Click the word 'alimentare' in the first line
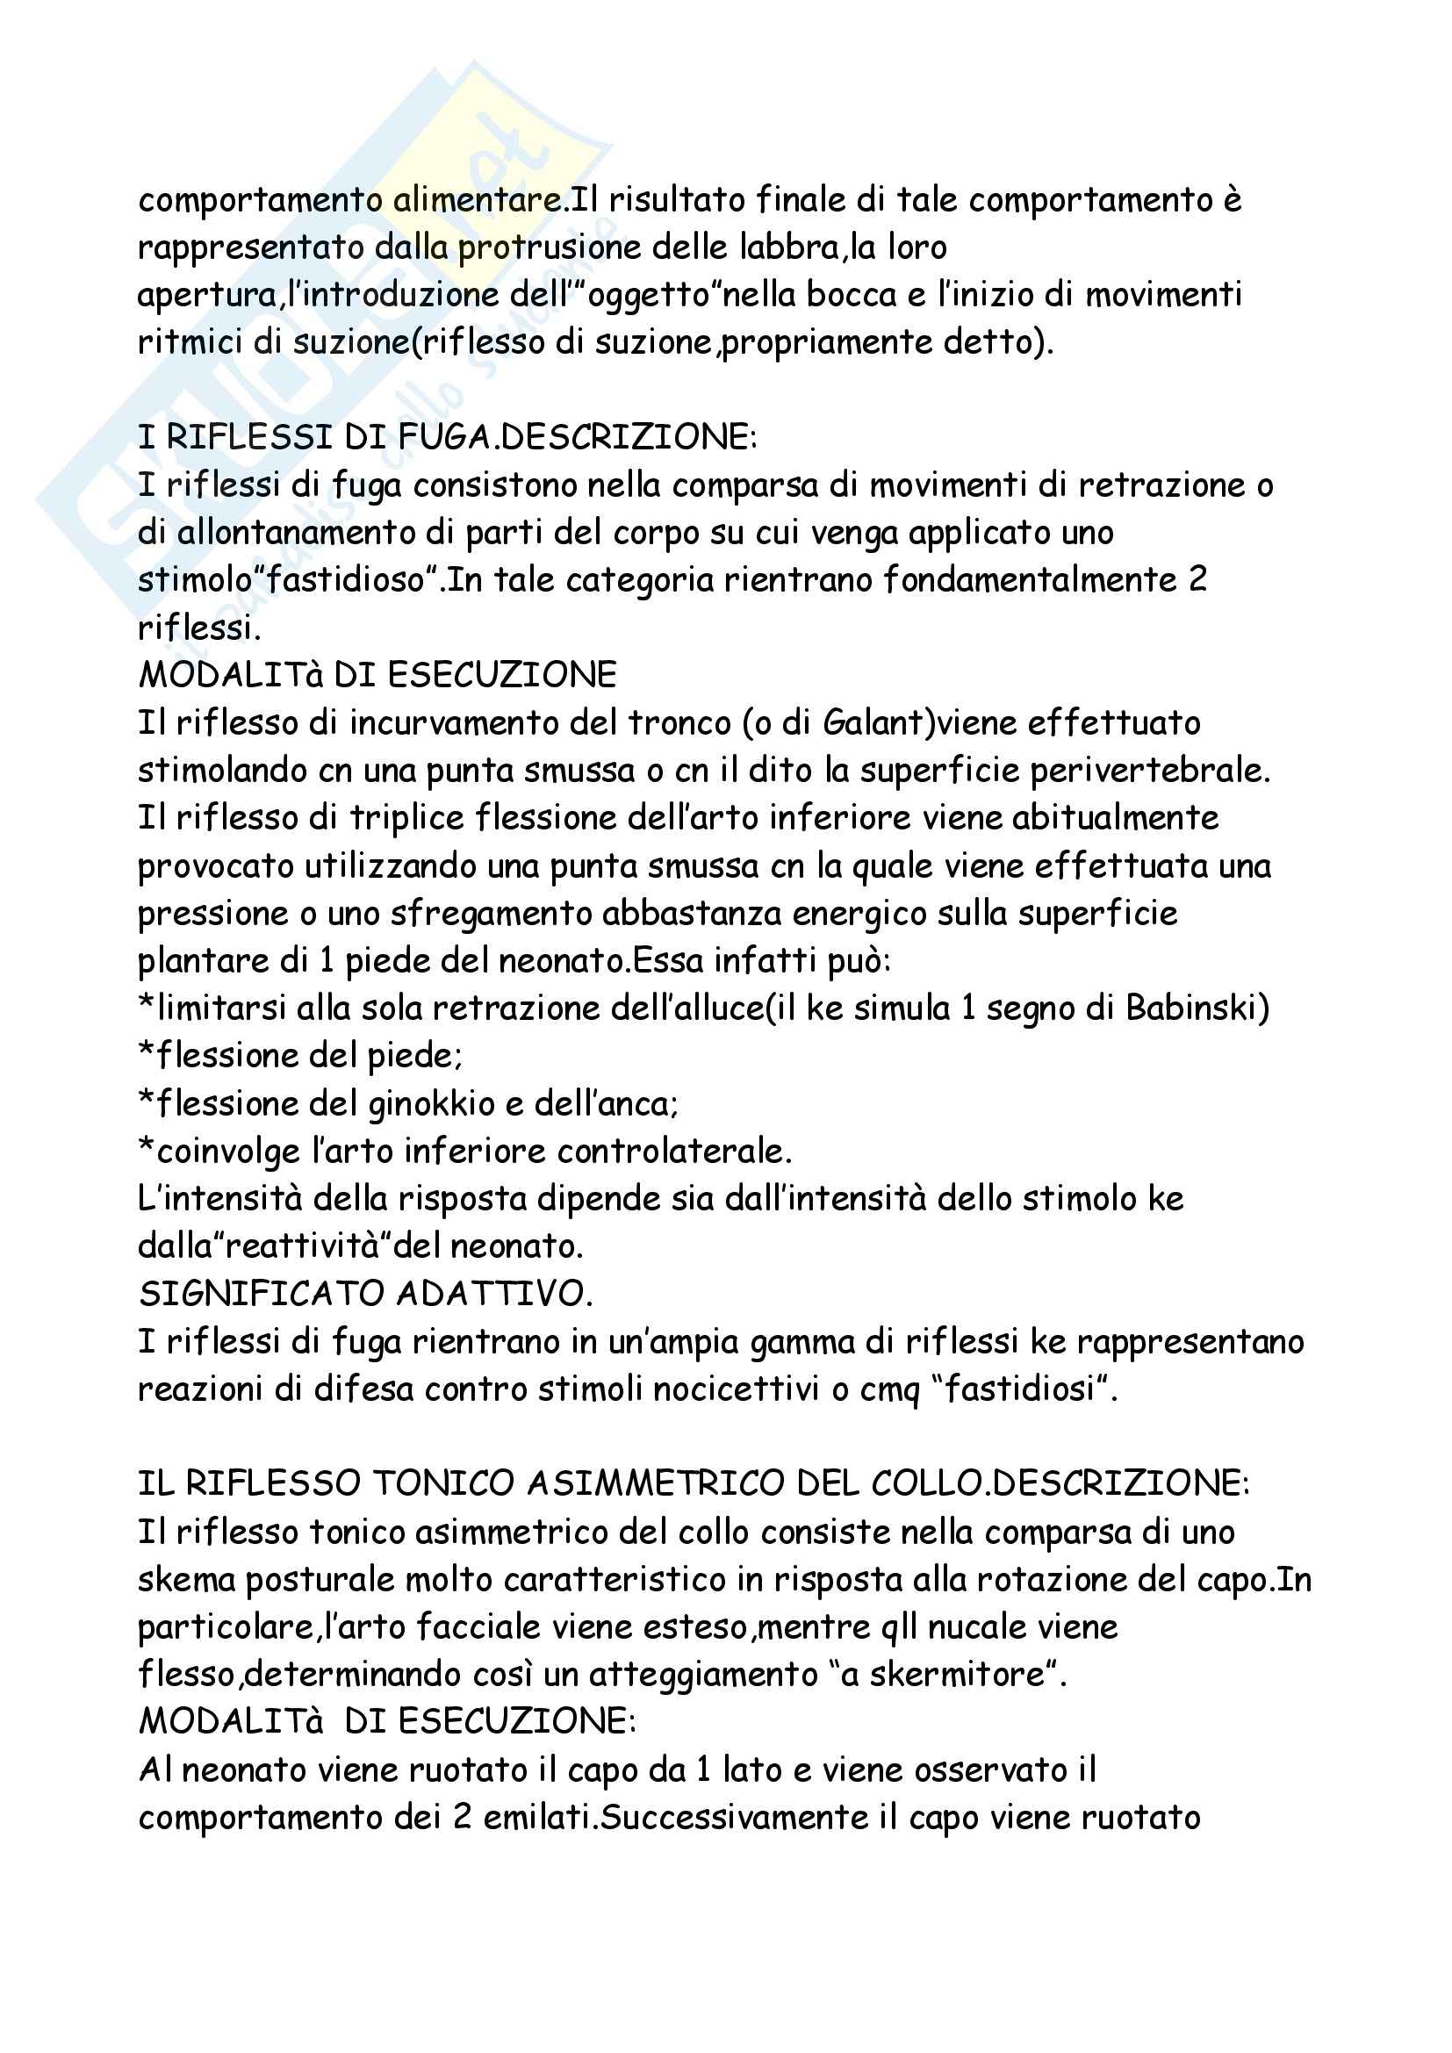[x=478, y=200]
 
